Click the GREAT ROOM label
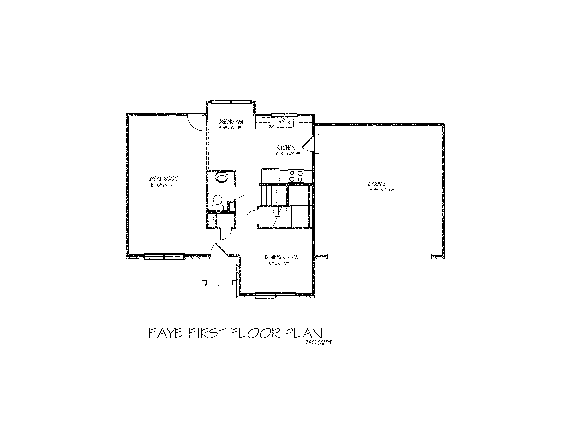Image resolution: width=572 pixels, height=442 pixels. point(163,179)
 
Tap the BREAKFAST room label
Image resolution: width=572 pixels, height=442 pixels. point(231,122)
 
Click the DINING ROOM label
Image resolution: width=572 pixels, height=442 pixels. point(281,257)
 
